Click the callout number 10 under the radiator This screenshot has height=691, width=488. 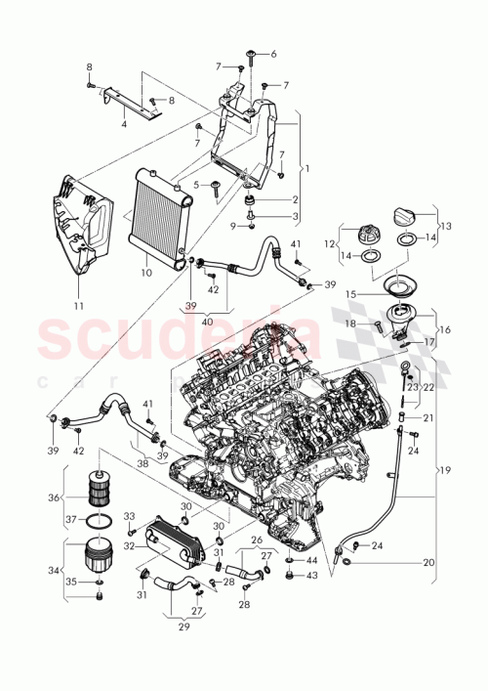(x=145, y=274)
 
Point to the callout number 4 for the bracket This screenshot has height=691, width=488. (x=123, y=124)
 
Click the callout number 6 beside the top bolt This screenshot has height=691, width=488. (x=272, y=54)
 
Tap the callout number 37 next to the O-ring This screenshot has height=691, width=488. (x=68, y=518)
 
